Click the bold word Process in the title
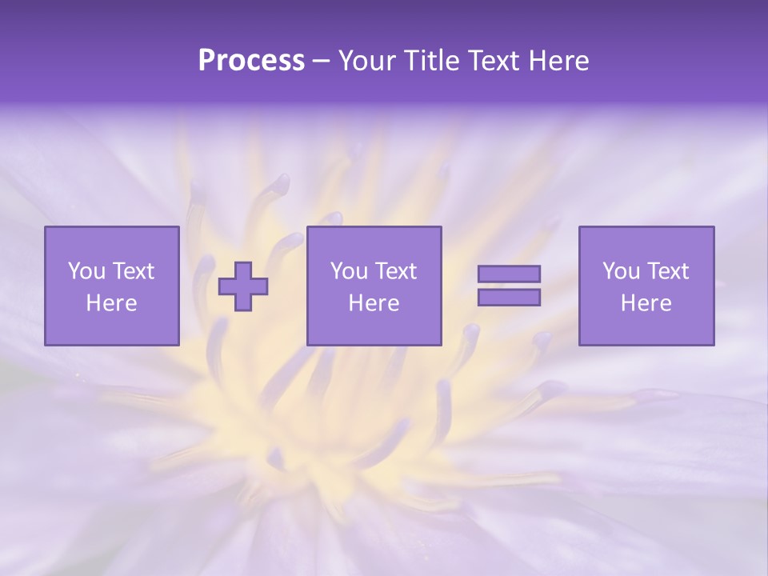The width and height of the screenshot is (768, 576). tap(251, 62)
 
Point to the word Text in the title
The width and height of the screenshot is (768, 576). tap(494, 62)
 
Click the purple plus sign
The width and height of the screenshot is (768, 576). tap(243, 286)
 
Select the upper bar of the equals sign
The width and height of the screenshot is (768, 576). tap(509, 274)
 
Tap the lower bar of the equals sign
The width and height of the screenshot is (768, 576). tap(509, 298)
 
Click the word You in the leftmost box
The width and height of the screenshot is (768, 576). tap(86, 271)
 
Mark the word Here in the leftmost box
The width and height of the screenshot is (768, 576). tap(111, 303)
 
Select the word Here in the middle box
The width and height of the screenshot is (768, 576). tap(374, 303)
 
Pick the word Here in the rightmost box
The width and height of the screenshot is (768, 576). tap(646, 303)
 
